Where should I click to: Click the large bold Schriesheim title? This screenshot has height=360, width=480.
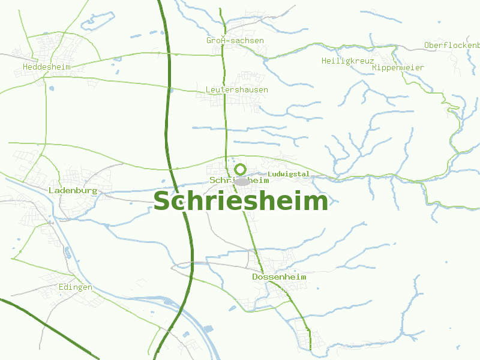tap(241, 202)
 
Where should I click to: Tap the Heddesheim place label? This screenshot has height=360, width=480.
tap(46, 67)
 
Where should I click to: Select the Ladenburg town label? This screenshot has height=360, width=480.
tap(73, 190)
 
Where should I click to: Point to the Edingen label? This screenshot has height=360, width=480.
tap(76, 287)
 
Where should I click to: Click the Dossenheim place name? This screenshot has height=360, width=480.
tap(279, 277)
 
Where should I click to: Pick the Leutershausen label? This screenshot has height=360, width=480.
tap(236, 90)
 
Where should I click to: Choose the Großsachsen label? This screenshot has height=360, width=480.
tap(235, 41)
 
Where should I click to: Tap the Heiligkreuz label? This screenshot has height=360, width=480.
tap(347, 61)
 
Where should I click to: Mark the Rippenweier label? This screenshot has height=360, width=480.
tap(398, 68)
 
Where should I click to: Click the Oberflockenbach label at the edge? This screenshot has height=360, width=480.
tap(452, 46)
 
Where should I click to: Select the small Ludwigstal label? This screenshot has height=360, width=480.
tap(289, 175)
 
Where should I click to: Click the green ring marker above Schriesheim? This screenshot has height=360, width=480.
tap(241, 170)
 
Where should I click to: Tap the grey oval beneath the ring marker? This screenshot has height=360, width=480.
tap(242, 181)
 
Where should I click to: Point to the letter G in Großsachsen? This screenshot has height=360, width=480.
tap(209, 41)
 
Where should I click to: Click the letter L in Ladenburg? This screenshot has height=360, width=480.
tap(50, 190)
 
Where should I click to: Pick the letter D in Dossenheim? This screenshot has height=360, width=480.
tap(255, 277)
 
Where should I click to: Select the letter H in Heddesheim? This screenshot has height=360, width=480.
tap(25, 67)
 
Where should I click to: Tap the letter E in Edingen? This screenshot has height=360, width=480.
tap(61, 287)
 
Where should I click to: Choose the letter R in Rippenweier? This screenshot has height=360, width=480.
tap(374, 68)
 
